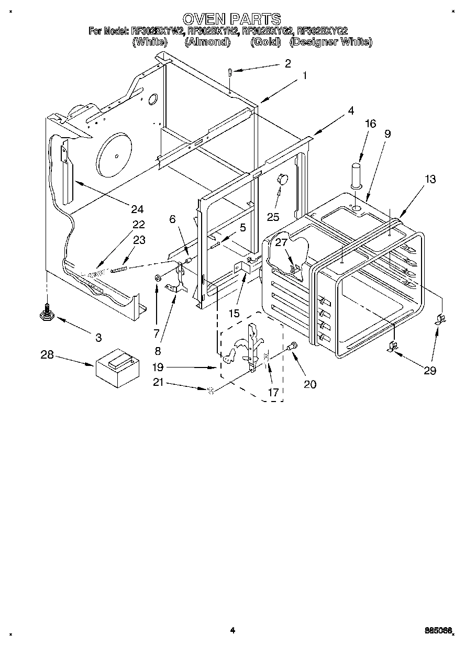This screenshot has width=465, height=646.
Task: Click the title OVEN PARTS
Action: click(x=232, y=19)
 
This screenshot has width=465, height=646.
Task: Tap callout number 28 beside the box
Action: click(x=47, y=355)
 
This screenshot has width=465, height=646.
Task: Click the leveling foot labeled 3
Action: click(x=47, y=314)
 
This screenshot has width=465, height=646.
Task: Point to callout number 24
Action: click(x=137, y=209)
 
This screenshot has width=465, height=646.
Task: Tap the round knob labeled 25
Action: click(x=283, y=179)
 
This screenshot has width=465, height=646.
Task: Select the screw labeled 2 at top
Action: click(x=230, y=73)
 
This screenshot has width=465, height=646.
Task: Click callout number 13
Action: click(x=430, y=179)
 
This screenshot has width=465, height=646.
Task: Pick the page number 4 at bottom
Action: click(x=233, y=630)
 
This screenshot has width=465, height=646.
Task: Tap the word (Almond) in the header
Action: click(x=207, y=42)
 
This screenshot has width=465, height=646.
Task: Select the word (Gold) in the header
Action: click(x=265, y=42)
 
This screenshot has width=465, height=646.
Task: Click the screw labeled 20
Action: click(x=292, y=346)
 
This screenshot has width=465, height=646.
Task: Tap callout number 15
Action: click(x=234, y=313)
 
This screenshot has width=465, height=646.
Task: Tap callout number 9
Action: click(x=387, y=133)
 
